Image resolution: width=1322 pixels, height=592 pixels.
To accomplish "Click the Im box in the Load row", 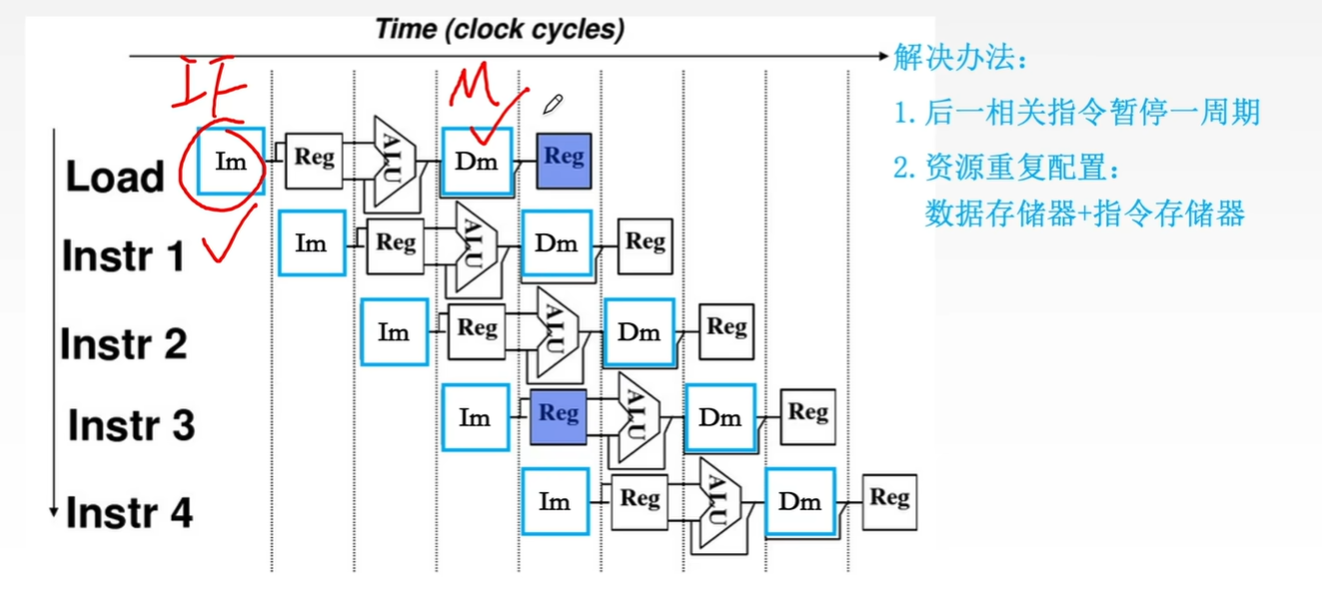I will (x=231, y=161).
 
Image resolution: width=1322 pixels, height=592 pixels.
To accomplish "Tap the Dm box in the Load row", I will (x=477, y=161).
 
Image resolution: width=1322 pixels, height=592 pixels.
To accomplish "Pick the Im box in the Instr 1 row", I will (x=312, y=243).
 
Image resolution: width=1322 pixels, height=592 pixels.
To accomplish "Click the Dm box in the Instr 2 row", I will (x=639, y=332).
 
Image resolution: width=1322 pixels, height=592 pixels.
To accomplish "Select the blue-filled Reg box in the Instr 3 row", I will (x=559, y=415).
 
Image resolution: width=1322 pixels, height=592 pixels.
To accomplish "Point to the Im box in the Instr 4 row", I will (x=555, y=502).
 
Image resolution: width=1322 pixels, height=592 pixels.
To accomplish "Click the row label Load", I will (x=115, y=177).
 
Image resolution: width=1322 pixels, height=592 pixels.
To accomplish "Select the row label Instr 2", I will (x=124, y=344).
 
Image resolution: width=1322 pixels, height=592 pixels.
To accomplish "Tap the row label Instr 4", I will (x=129, y=513).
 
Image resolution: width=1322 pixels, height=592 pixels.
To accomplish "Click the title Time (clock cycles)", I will (x=500, y=29).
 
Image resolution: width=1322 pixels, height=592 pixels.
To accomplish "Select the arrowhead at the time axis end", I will (x=880, y=56).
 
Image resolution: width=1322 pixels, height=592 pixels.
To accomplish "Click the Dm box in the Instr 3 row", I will (x=719, y=417).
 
